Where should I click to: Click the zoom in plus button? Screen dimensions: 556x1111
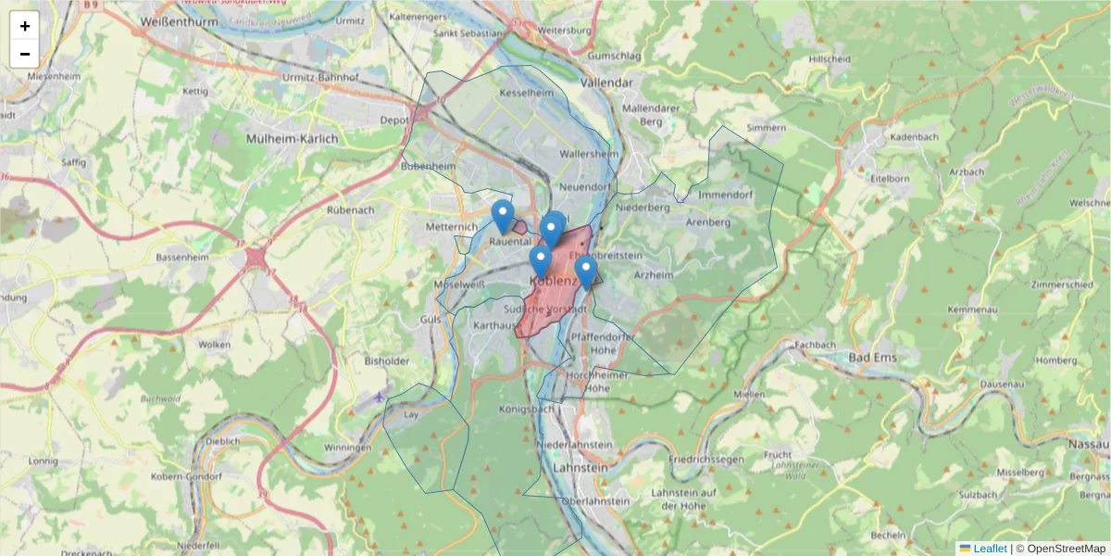25,26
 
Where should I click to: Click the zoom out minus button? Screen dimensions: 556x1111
25,54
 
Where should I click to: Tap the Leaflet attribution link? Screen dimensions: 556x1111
990,549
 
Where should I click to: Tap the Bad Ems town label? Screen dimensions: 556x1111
871,358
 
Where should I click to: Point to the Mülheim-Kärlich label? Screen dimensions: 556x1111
292,138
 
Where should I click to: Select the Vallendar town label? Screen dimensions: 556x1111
606,82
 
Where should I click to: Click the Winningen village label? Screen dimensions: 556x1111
347,448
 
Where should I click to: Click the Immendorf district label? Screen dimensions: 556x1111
726,196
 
